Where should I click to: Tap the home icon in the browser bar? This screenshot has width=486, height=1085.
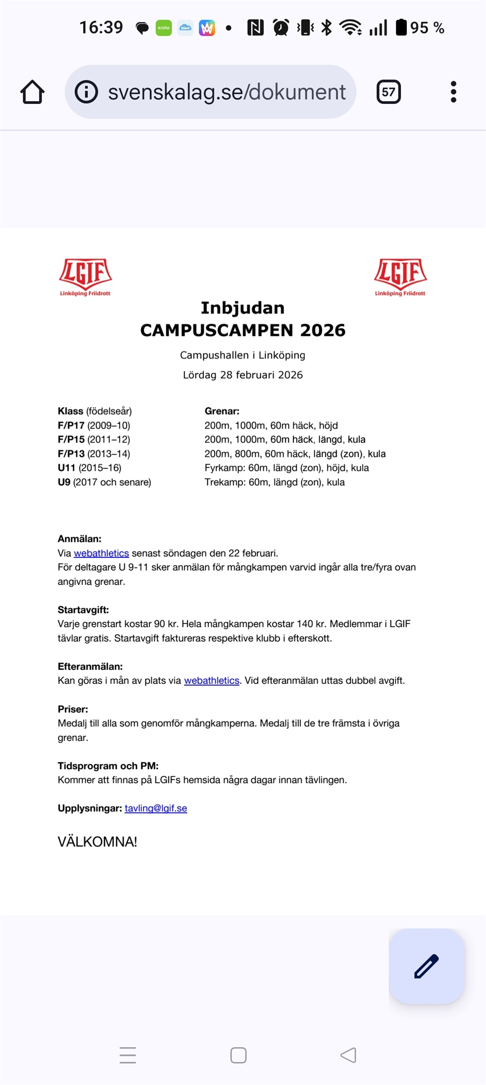pyautogui.click(x=33, y=92)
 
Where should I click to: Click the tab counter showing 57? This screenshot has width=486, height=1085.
pyautogui.click(x=388, y=92)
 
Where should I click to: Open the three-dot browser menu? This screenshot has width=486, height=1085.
pyautogui.click(x=453, y=92)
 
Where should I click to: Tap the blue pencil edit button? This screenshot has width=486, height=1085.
pyautogui.click(x=426, y=966)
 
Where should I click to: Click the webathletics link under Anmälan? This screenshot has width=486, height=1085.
pyautogui.click(x=101, y=553)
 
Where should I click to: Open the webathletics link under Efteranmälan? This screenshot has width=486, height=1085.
pyautogui.click(x=211, y=680)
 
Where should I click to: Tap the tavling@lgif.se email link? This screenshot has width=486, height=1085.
pyautogui.click(x=156, y=808)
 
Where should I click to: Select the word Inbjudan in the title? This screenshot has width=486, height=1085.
pyautogui.click(x=243, y=308)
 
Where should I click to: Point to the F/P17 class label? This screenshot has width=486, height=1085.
pyautogui.click(x=71, y=425)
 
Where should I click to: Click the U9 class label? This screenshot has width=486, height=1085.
pyautogui.click(x=64, y=482)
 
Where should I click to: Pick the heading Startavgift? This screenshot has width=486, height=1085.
pyautogui.click(x=83, y=610)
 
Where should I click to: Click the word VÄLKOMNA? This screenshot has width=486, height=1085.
pyautogui.click(x=97, y=842)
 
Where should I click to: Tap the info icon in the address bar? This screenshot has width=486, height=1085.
pyautogui.click(x=87, y=92)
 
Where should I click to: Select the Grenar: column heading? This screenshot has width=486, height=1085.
pyautogui.click(x=222, y=411)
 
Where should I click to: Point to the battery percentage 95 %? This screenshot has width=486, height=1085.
pyautogui.click(x=427, y=28)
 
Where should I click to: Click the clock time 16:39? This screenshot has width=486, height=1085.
pyautogui.click(x=101, y=28)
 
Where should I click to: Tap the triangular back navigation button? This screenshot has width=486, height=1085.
pyautogui.click(x=348, y=1055)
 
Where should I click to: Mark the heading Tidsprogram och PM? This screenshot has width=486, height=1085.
pyautogui.click(x=108, y=766)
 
